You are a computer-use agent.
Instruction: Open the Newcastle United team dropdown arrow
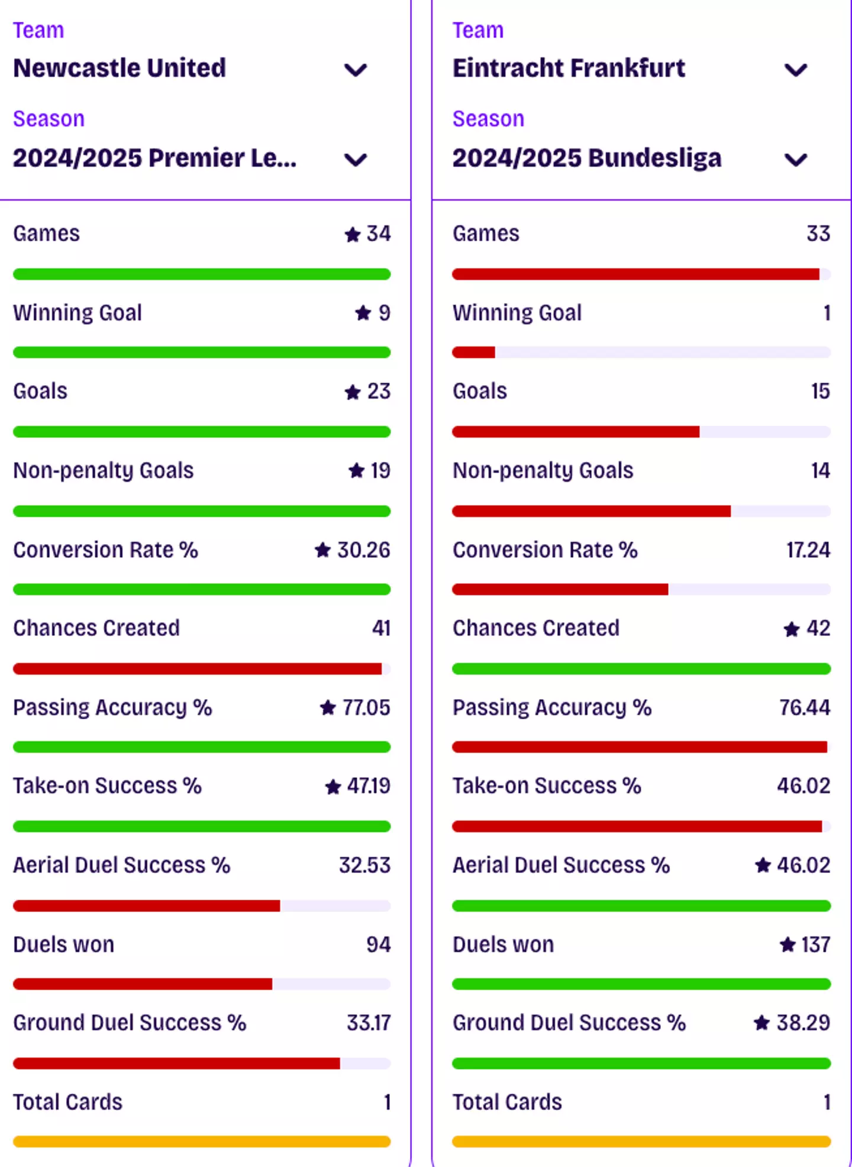pyautogui.click(x=356, y=70)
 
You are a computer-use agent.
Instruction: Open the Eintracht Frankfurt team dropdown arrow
pyautogui.click(x=795, y=70)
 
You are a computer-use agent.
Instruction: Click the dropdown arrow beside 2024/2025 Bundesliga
pyautogui.click(x=795, y=159)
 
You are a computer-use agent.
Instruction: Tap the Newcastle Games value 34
pyautogui.click(x=378, y=234)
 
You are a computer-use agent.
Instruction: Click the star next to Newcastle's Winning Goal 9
pyautogui.click(x=363, y=313)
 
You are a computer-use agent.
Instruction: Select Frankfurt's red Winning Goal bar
pyautogui.click(x=474, y=353)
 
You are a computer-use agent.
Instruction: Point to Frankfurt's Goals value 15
pyautogui.click(x=820, y=392)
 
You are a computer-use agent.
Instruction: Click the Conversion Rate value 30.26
pyautogui.click(x=363, y=550)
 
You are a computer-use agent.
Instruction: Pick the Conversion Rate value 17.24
pyautogui.click(x=808, y=550)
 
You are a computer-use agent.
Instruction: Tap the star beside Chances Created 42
pyautogui.click(x=792, y=629)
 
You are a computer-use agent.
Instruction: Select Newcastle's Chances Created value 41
pyautogui.click(x=381, y=628)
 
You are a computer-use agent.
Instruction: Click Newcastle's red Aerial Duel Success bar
pyautogui.click(x=147, y=906)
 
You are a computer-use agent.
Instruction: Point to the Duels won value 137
pyautogui.click(x=815, y=945)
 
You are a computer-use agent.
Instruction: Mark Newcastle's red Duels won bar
pyautogui.click(x=143, y=984)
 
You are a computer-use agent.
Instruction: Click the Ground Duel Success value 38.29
pyautogui.click(x=803, y=1023)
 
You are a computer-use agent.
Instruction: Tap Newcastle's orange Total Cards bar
pyautogui.click(x=202, y=1142)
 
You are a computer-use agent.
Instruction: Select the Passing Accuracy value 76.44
pyautogui.click(x=804, y=707)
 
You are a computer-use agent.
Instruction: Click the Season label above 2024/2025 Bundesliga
pyautogui.click(x=488, y=119)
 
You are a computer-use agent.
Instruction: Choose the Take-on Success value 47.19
pyautogui.click(x=368, y=786)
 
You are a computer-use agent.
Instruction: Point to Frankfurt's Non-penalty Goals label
pyautogui.click(x=543, y=471)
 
